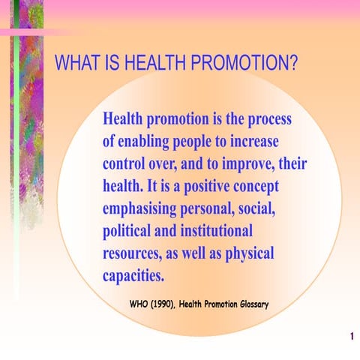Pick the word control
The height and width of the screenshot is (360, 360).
click(x=128, y=163)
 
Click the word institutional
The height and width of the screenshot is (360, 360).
click(x=214, y=230)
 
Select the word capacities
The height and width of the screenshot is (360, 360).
click(x=133, y=274)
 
